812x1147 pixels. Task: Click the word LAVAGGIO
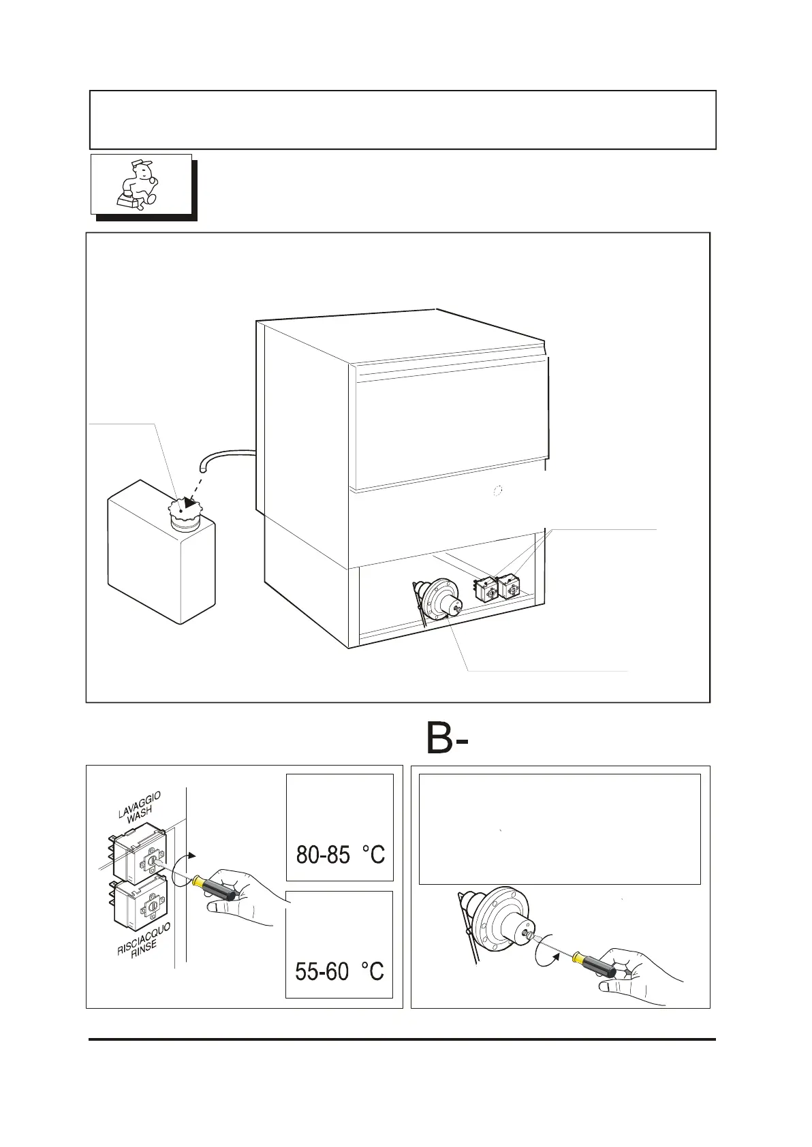click(139, 804)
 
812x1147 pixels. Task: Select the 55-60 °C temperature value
click(339, 971)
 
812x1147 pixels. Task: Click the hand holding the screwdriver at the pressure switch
click(634, 974)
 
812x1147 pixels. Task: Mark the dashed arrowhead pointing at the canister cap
click(191, 503)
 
